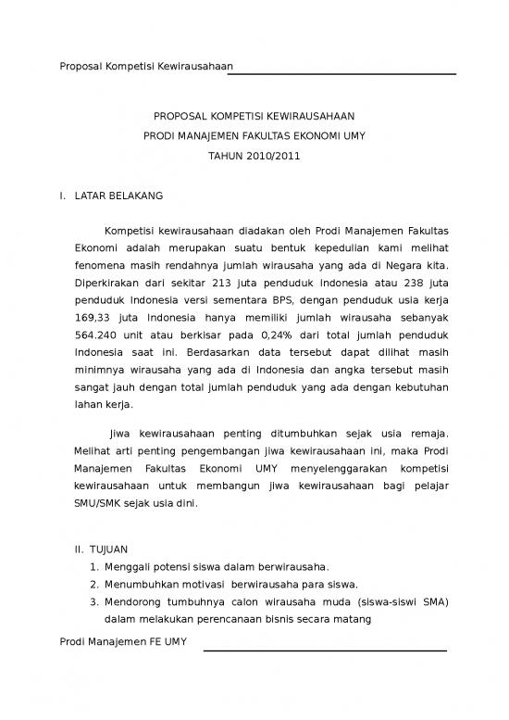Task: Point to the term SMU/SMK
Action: pos(101,504)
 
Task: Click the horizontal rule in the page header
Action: pos(344,73)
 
